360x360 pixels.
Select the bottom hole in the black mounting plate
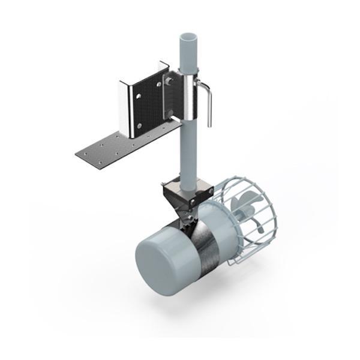(x=140, y=126)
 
